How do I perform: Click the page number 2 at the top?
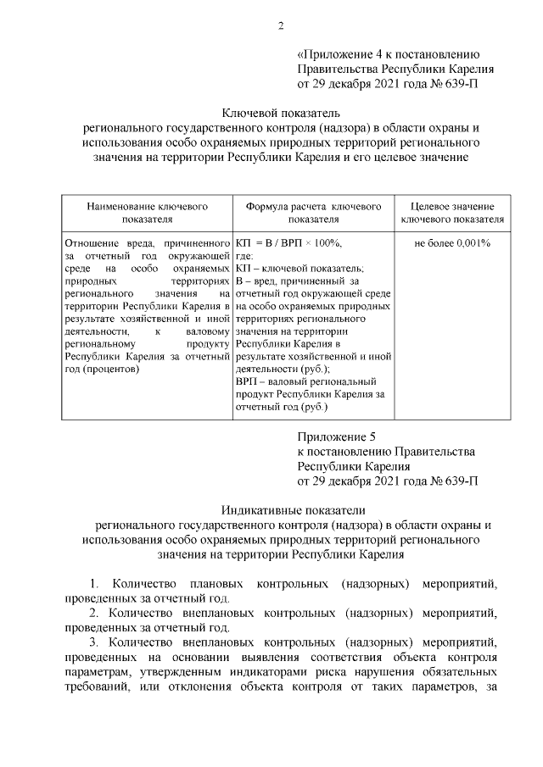coord(280,24)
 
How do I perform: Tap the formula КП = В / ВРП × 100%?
coord(288,242)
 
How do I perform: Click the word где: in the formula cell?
coord(245,255)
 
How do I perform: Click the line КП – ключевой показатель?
coord(299,268)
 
